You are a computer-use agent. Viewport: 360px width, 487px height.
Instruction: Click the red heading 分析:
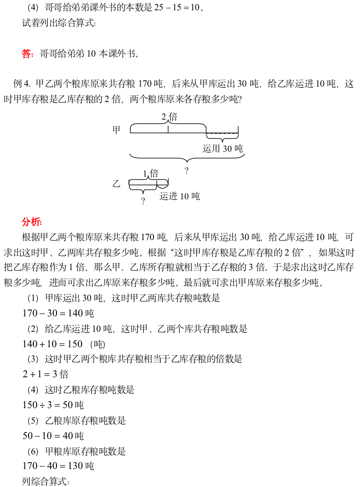pos(32,222)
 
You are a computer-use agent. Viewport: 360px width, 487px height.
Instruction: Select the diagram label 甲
pos(116,129)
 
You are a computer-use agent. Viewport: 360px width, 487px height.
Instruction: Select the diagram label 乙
pos(116,184)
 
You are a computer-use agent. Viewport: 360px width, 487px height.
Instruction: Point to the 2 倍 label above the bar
pos(169,117)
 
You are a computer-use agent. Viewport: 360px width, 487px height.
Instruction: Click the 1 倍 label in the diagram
pos(150,174)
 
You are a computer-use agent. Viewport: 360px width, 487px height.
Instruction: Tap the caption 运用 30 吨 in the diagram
pos(222,148)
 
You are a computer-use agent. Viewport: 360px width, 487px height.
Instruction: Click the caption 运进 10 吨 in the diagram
pos(180,196)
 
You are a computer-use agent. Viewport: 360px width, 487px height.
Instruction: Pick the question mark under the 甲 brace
pos(186,171)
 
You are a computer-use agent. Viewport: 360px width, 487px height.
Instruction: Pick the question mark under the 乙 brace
pos(143,201)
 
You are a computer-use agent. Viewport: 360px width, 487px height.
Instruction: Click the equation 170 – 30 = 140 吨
pos(58,313)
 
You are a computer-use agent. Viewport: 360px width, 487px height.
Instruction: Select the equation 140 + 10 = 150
pos(52,344)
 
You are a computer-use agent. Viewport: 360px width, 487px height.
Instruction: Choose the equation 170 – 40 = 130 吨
pos(58,466)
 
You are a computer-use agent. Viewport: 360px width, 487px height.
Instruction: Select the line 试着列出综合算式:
pos(59,23)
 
